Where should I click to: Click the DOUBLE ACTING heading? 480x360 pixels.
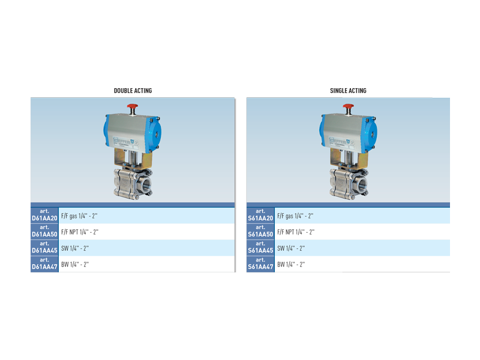133,91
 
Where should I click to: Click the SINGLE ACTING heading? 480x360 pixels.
348,91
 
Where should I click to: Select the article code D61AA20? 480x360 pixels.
44,218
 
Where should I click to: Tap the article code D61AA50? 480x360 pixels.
44,235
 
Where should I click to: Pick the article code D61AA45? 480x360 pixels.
44,250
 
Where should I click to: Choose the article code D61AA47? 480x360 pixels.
44,266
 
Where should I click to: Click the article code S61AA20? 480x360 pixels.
260,218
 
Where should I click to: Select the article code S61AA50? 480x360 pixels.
260,235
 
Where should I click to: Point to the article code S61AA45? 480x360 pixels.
260,250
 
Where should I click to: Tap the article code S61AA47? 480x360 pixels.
260,266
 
